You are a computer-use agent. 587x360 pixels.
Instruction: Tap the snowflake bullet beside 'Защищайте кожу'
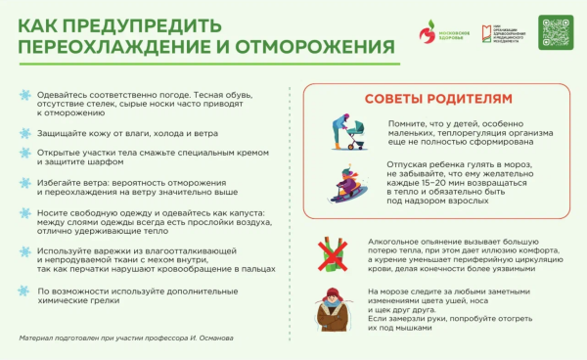[24, 132]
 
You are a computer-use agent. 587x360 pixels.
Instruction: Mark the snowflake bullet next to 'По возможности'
[24, 291]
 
